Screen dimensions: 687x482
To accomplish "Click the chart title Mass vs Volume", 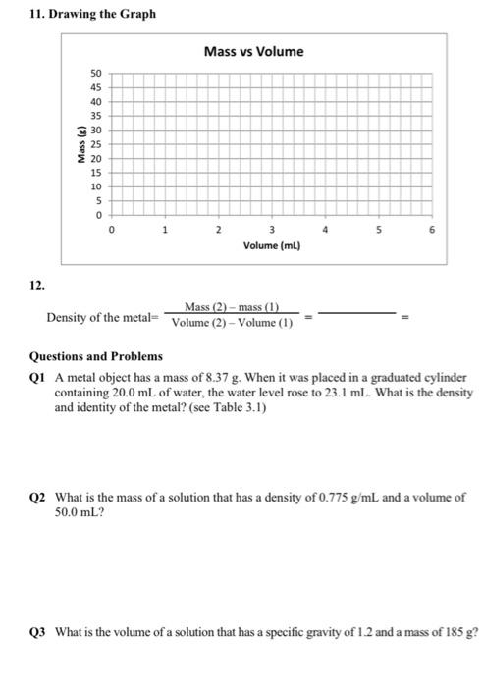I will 253,51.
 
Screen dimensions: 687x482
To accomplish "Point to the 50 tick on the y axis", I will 95,74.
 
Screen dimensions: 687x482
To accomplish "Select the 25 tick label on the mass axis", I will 95,144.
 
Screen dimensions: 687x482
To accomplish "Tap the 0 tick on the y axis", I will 97,214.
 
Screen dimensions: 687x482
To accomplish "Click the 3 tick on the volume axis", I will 272,230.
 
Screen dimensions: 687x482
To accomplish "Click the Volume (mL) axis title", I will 272,246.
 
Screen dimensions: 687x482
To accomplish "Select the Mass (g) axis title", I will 72,144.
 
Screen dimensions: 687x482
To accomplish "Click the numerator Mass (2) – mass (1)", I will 231,309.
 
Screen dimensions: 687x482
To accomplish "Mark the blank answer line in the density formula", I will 357,316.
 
